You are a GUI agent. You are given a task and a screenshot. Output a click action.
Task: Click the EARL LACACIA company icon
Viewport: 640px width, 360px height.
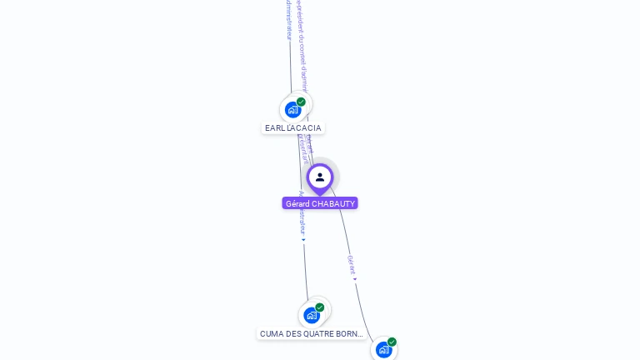[x=292, y=109]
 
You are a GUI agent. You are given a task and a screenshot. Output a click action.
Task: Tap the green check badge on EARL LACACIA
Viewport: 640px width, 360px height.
[x=301, y=102]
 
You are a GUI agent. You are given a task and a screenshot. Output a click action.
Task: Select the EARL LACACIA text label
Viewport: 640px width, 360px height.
[x=292, y=128]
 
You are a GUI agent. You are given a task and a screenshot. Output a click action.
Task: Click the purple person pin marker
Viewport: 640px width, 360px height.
[x=320, y=178]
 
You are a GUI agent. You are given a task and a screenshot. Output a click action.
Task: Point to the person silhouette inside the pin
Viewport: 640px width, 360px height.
[x=320, y=177]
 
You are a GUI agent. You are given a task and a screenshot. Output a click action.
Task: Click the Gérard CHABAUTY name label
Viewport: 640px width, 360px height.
[x=320, y=203]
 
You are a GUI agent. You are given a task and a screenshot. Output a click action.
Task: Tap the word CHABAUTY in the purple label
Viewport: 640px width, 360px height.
[x=333, y=203]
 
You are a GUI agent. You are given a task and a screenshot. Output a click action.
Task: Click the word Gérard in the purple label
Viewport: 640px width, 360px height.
[x=297, y=203]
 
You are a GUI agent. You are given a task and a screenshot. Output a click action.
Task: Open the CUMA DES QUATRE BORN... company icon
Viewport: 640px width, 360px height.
[x=311, y=315]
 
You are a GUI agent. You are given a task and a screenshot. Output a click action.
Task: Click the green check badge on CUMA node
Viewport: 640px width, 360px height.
[x=319, y=307]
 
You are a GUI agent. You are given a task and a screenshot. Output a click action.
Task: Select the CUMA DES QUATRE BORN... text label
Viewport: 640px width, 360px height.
[x=312, y=334]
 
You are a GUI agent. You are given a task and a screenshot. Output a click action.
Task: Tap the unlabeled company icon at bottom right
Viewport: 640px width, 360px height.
[x=383, y=350]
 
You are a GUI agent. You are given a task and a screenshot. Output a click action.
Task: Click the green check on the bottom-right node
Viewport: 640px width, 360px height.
[x=392, y=342]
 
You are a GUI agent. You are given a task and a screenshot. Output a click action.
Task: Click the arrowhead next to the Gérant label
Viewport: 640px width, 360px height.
[x=355, y=279]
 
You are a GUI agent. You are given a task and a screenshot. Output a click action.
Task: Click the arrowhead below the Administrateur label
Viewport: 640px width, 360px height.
[x=303, y=240]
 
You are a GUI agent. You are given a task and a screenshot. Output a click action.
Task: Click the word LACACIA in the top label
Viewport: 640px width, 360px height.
[x=305, y=128]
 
